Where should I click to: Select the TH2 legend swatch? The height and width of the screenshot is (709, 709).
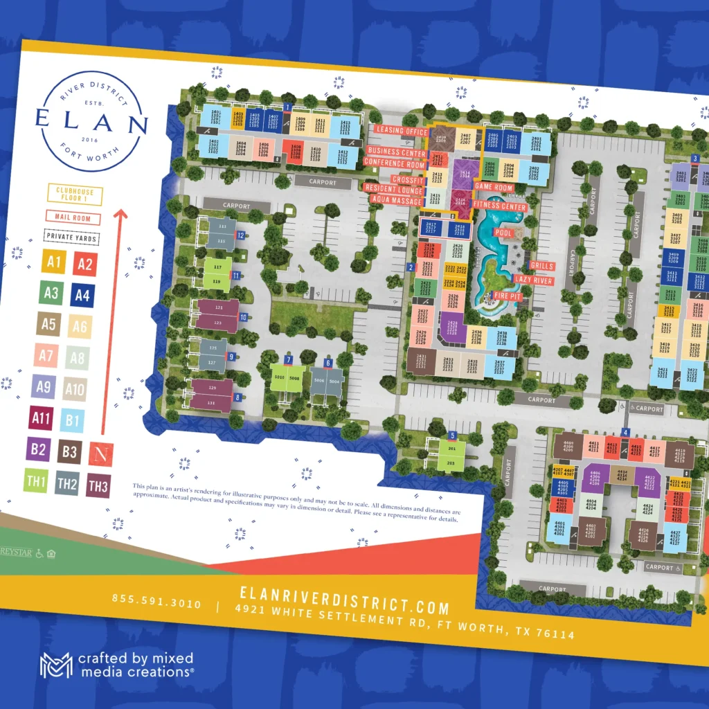pyautogui.click(x=66, y=484)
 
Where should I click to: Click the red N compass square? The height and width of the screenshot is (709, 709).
pyautogui.click(x=102, y=454)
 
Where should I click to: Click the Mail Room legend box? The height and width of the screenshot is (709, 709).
pyautogui.click(x=73, y=217)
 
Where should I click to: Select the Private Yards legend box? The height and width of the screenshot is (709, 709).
pyautogui.click(x=71, y=237)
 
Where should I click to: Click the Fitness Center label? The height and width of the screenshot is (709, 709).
pyautogui.click(x=500, y=206)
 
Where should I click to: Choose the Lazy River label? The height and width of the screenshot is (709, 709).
pyautogui.click(x=533, y=280)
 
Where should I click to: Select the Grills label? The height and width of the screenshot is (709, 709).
pyautogui.click(x=541, y=266)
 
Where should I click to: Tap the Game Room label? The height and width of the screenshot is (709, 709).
pyautogui.click(x=494, y=188)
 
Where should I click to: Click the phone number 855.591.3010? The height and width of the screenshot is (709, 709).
pyautogui.click(x=156, y=602)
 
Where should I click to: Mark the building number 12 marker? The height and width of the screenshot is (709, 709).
pyautogui.click(x=240, y=235)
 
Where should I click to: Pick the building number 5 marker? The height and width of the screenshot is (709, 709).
pyautogui.click(x=452, y=436)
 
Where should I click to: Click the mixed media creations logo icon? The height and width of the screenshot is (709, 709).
pyautogui.click(x=56, y=665)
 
